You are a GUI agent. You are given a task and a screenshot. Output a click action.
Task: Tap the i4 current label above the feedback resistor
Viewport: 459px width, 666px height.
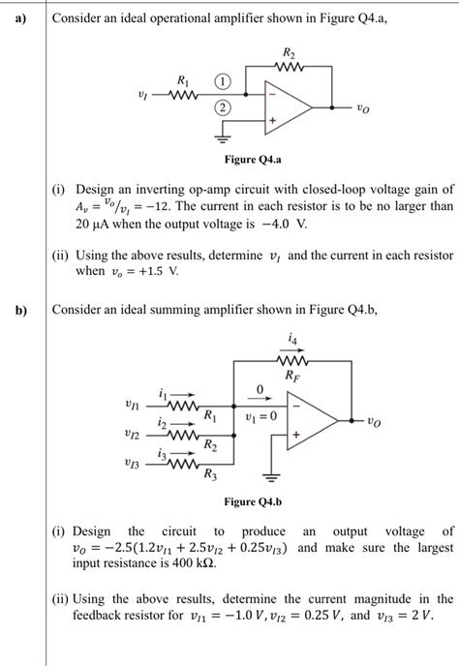pyautogui.click(x=291, y=338)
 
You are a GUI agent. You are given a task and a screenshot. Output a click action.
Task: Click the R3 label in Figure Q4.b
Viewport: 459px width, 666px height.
pyautogui.click(x=210, y=474)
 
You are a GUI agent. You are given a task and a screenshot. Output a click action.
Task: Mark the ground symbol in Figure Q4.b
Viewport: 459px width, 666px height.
pyautogui.click(x=274, y=476)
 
